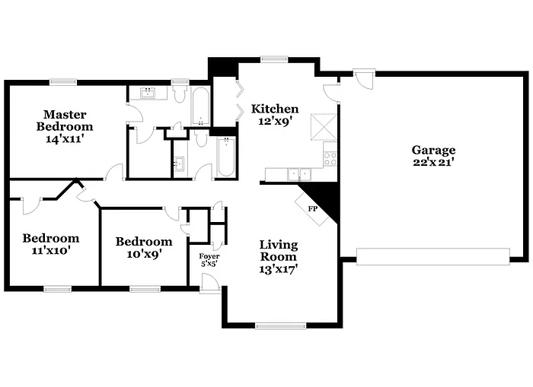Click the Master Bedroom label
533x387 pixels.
pos(68,126)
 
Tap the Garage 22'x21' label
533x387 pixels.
pos(433,156)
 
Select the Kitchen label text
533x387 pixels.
pos(275,114)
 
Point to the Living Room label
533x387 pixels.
pos(279,256)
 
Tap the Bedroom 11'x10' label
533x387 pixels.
pos(50,243)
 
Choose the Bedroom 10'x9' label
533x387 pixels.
pos(144,247)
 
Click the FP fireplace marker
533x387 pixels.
pos(312,208)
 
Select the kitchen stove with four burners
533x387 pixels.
pos(330,159)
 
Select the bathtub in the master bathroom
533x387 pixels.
pos(200,107)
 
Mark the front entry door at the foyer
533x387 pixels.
pos(210,282)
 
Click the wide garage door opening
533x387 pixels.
pos(432,256)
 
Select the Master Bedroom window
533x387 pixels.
pos(62,81)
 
